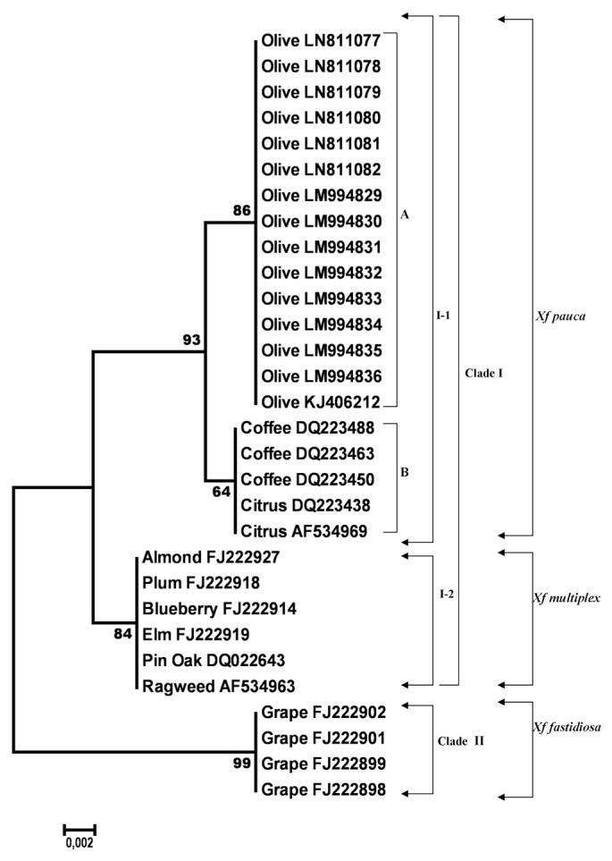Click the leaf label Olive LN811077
tap(321, 40)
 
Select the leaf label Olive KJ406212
tap(321, 403)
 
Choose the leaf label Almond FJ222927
tap(211, 557)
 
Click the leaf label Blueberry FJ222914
tap(218, 609)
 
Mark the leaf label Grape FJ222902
tap(323, 713)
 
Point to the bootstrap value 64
tap(220, 491)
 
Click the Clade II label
tap(462, 740)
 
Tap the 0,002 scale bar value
tap(79, 842)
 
